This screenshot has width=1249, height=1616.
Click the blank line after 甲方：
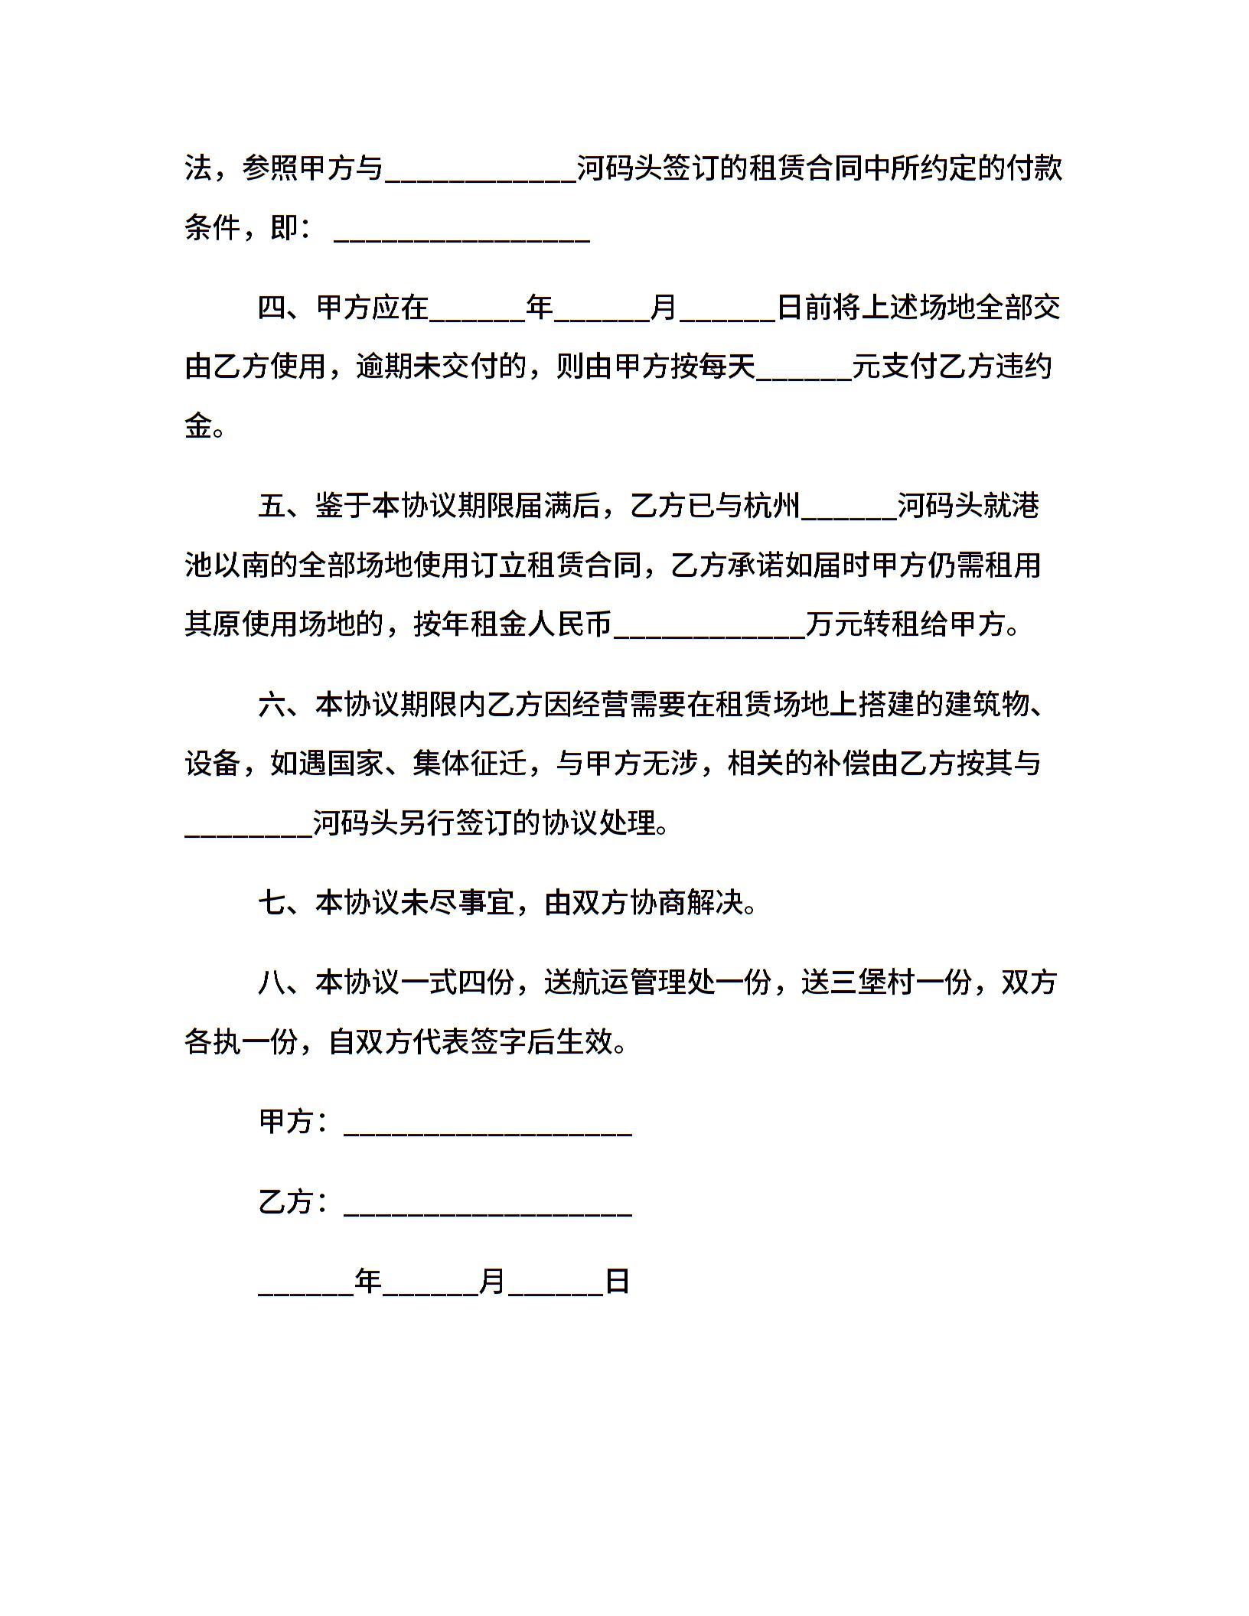(488, 1123)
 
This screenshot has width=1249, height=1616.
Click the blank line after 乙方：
(488, 1203)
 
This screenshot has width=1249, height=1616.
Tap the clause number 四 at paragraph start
(272, 308)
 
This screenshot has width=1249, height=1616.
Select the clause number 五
(272, 506)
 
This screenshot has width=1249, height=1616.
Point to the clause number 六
(272, 704)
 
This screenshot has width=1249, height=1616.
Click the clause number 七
(272, 903)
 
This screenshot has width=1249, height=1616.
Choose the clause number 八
(272, 982)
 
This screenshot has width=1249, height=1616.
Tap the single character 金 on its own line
(199, 425)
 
